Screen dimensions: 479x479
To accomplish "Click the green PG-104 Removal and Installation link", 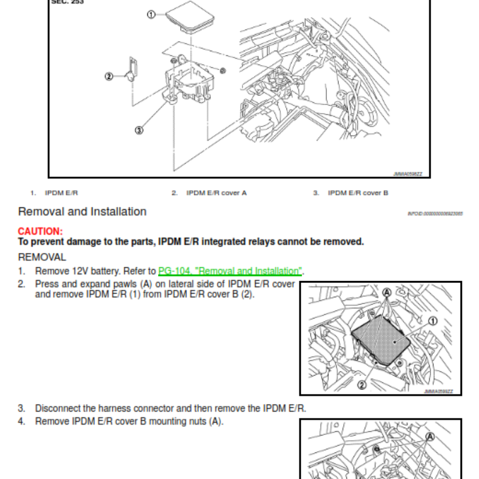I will pyautogui.click(x=230, y=271).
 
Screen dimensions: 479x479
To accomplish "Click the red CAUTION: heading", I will pyautogui.click(x=40, y=231).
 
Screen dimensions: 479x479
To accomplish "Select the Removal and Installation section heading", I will pyautogui.click(x=82, y=211).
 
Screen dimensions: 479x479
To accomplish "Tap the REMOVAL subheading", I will pyautogui.click(x=42, y=257).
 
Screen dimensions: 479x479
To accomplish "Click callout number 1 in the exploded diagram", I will pyautogui.click(x=151, y=14).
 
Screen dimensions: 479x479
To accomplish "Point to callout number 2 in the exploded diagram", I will pyautogui.click(x=108, y=76).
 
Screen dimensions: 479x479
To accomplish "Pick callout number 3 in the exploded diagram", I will pyautogui.click(x=139, y=130).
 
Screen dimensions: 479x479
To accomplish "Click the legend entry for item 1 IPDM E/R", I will pyautogui.click(x=62, y=193).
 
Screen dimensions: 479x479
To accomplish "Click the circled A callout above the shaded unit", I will pyautogui.click(x=387, y=293).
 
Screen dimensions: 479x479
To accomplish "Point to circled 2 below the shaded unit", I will pyautogui.click(x=362, y=386).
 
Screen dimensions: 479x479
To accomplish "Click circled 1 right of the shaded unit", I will pyautogui.click(x=433, y=321).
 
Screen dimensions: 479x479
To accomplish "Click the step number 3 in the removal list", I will pyautogui.click(x=21, y=408).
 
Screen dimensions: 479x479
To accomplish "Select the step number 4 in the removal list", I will pyautogui.click(x=21, y=421).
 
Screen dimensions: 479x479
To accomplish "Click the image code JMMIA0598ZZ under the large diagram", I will pyautogui.click(x=407, y=174).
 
